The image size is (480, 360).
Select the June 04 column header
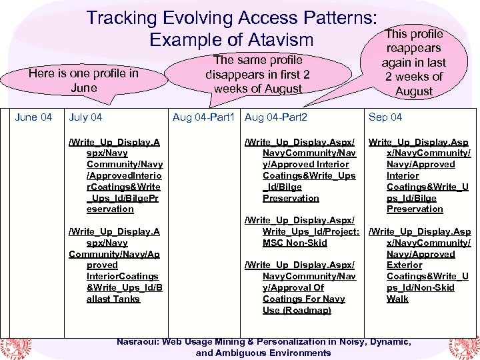pyautogui.click(x=33, y=117)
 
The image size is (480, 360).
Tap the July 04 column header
pyautogui.click(x=85, y=117)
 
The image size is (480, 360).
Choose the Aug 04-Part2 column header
pyautogui.click(x=276, y=117)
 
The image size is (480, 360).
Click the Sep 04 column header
pyautogui.click(x=385, y=117)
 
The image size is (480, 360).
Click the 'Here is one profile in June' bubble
pyautogui.click(x=83, y=80)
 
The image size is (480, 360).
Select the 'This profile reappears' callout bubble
pyautogui.click(x=413, y=62)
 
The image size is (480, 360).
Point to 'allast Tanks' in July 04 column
pyautogui.click(x=113, y=299)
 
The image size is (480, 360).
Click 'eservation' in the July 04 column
pyautogui.click(x=110, y=209)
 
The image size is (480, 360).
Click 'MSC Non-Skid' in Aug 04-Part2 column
pyautogui.click(x=295, y=243)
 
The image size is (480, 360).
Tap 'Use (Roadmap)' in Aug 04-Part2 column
pyautogui.click(x=297, y=310)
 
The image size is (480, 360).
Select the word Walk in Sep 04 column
pyautogui.click(x=397, y=299)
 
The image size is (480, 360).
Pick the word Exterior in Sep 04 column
pyautogui.click(x=404, y=265)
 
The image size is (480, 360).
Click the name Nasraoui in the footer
pyautogui.click(x=142, y=341)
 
